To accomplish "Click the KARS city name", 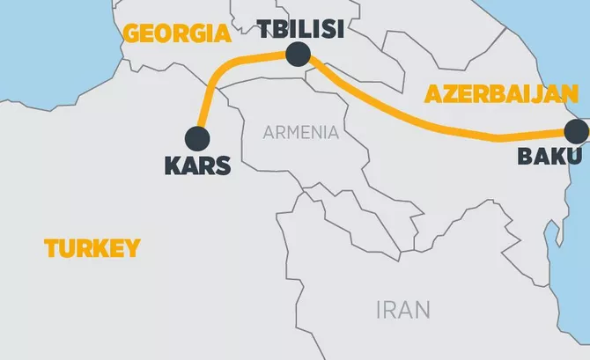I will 197,164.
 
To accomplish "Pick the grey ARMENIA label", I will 300,133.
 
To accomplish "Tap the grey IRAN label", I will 402,310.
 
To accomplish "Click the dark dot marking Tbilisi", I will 299,55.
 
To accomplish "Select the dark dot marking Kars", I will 197,138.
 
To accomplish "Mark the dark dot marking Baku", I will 578,132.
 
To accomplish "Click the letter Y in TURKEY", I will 133,248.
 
